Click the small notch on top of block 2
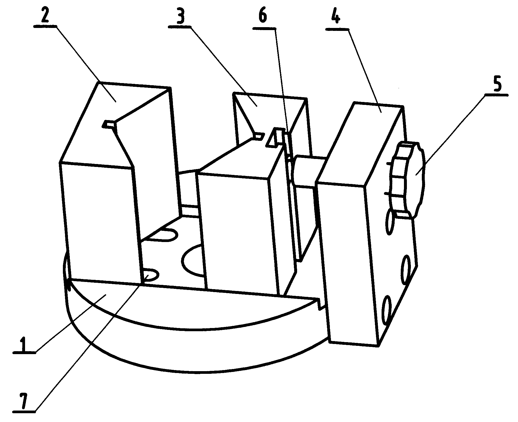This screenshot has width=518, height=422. pyautogui.click(x=109, y=124)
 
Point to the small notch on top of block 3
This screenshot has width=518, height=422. pyautogui.click(x=258, y=136)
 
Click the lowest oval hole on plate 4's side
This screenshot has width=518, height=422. pyautogui.click(x=387, y=310)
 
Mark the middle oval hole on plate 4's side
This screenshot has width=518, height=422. pyautogui.click(x=406, y=269)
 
